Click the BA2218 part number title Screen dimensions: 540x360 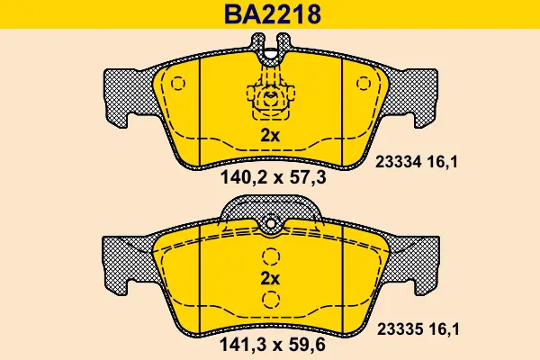tap(273, 14)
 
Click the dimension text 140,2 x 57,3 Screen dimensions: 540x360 tap(273, 178)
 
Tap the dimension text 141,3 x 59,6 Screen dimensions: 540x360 tap(272, 345)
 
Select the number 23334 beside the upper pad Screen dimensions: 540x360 tap(399, 162)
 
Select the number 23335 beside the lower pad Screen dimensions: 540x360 tap(400, 329)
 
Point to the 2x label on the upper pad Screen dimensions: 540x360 tap(270, 136)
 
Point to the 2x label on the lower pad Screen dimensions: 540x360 tap(270, 278)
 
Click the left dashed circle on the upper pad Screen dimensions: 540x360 tap(178, 84)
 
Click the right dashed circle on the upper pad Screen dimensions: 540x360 tap(364, 84)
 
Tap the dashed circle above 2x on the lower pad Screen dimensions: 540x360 tap(271, 256)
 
